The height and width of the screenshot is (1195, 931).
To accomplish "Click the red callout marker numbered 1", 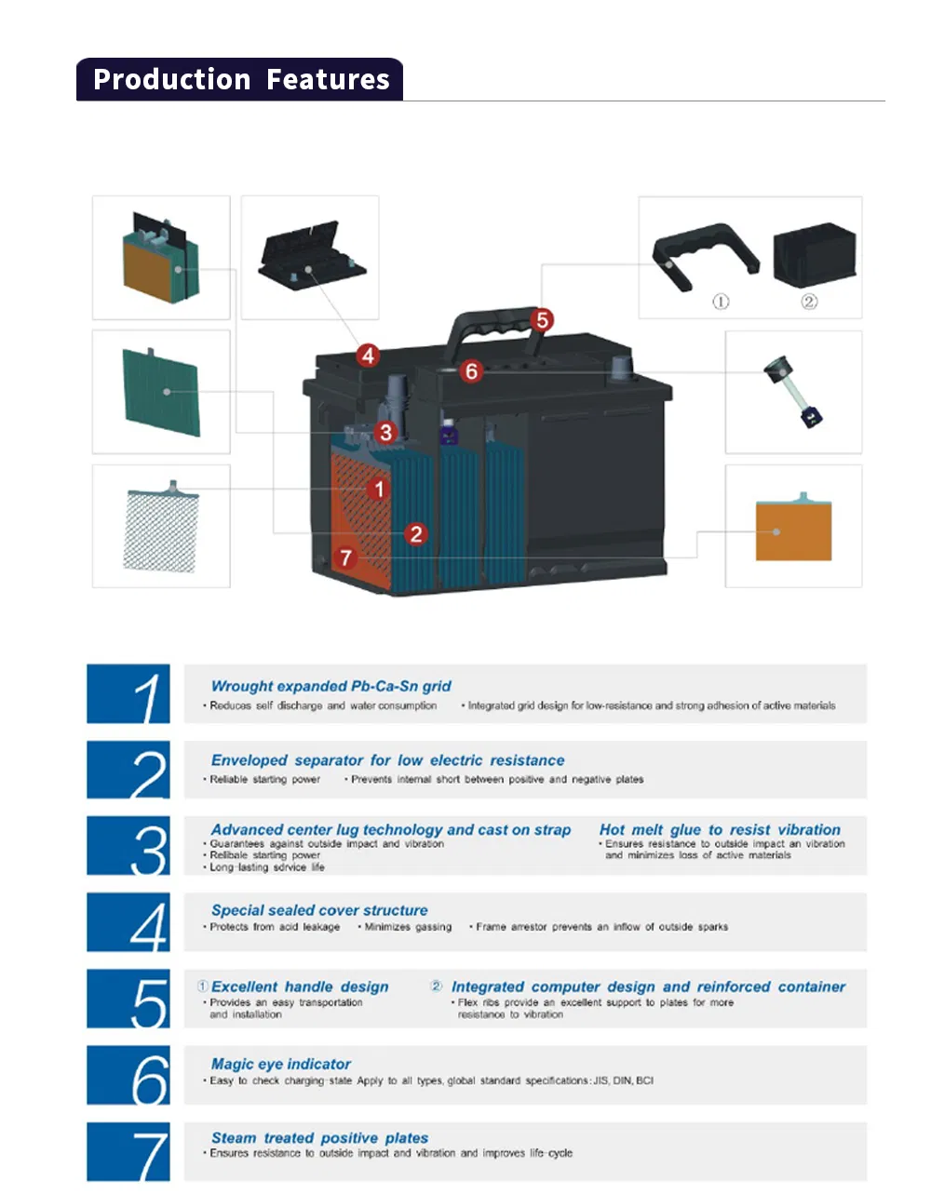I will pos(378,489).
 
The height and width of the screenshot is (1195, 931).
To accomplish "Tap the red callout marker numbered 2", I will pos(416,533).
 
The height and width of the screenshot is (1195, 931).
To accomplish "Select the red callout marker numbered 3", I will pos(385,432).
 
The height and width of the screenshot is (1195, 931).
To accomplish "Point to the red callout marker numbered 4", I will pos(369,355).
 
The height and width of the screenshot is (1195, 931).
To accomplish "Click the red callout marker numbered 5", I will pos(542,320).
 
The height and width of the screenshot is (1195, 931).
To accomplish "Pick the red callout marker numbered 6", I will pos(471,371).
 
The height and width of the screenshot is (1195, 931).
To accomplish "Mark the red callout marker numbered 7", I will pos(346,557).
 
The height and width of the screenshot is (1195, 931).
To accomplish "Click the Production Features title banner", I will pos(240,80).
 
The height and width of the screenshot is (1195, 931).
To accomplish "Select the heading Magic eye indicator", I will pos(280,1064).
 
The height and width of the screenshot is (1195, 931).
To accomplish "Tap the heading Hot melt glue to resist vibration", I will pos(719,829).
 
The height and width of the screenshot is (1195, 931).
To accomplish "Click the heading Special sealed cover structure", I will pos(319,910).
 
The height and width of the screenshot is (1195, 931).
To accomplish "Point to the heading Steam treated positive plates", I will pos(319,1137).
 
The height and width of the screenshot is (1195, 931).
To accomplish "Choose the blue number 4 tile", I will pos(128,922).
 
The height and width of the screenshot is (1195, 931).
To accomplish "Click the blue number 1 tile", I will pos(128,693).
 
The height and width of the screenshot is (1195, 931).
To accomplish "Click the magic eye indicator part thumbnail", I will pos(792,392).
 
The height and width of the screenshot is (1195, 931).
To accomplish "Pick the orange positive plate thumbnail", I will pos(792,529).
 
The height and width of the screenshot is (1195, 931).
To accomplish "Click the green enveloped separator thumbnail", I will pos(161,392).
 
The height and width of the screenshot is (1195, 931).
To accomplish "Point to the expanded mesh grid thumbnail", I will pos(161,528).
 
